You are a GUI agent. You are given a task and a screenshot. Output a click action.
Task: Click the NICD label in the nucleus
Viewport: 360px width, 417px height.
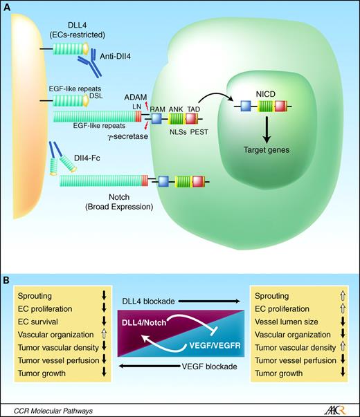pyautogui.click(x=262, y=90)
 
